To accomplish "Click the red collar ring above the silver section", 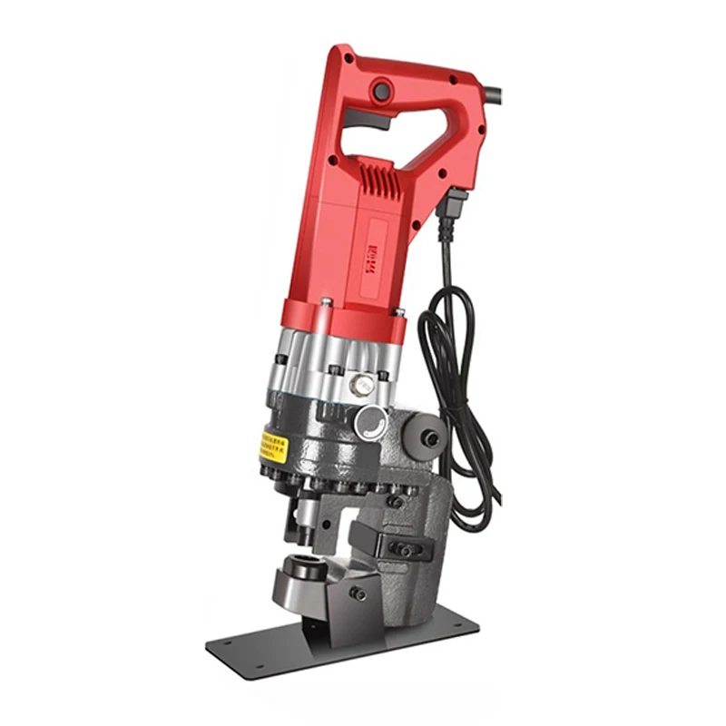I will (340, 313).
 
